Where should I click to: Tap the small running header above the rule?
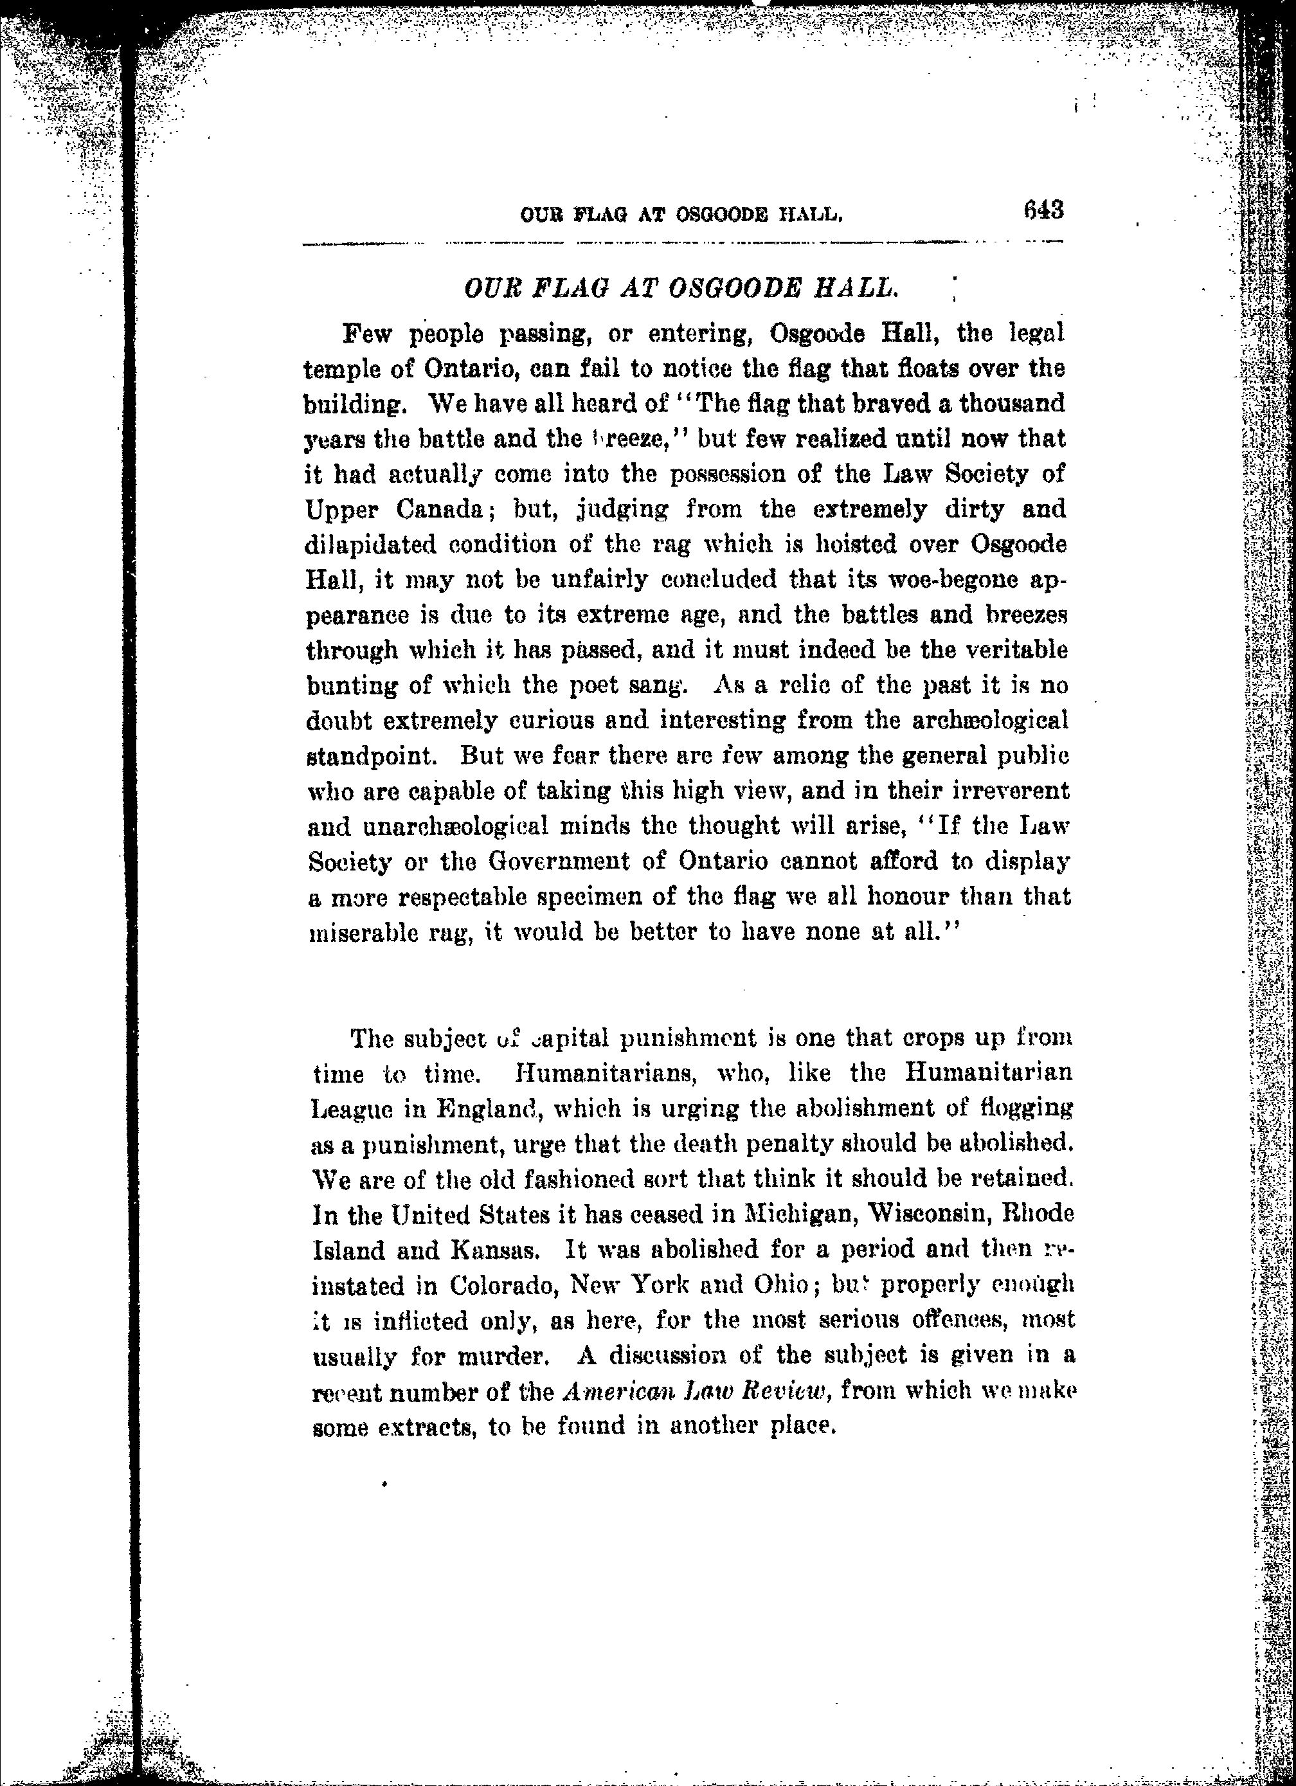[682, 213]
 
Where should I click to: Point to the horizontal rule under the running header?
[682, 242]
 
